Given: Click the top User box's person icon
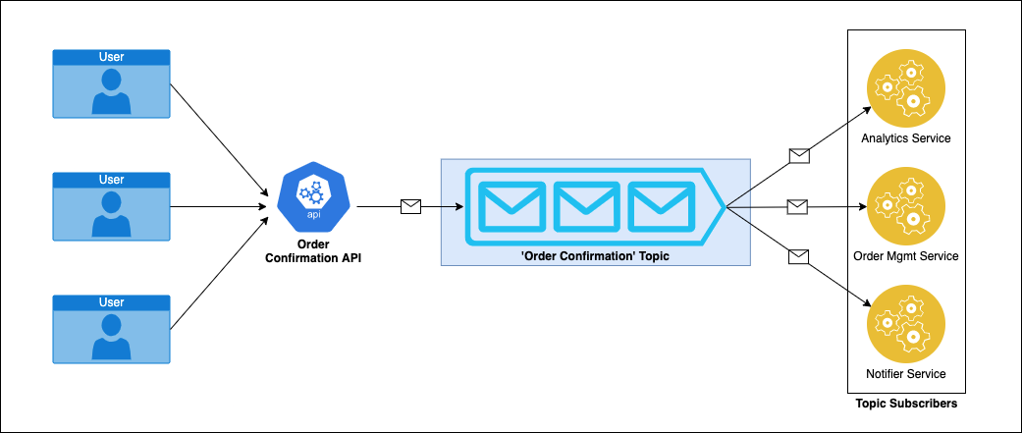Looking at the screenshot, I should pyautogui.click(x=111, y=90).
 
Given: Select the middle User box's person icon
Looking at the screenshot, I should pyautogui.click(x=111, y=213).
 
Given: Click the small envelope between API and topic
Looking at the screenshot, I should pyautogui.click(x=410, y=206).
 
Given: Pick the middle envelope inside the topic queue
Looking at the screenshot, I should pyautogui.click(x=585, y=205).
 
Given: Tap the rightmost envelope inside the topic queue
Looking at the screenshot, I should pyautogui.click(x=660, y=205).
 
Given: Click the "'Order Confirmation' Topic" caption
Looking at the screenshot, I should pyautogui.click(x=595, y=255).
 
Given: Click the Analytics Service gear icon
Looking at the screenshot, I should pyautogui.click(x=905, y=88).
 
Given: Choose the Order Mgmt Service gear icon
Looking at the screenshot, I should pyautogui.click(x=905, y=206).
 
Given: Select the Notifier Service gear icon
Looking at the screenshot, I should pyautogui.click(x=905, y=324).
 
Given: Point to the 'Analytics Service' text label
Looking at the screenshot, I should pyautogui.click(x=905, y=138).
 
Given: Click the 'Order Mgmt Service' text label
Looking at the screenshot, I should pyautogui.click(x=905, y=256).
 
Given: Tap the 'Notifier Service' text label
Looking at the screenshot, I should pyautogui.click(x=905, y=374).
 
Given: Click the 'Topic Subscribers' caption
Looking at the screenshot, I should pyautogui.click(x=905, y=404).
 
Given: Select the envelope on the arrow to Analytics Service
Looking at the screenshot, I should pyautogui.click(x=800, y=154).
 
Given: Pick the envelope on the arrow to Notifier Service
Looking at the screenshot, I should pyautogui.click(x=800, y=257).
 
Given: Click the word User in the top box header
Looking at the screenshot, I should pyautogui.click(x=111, y=57).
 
